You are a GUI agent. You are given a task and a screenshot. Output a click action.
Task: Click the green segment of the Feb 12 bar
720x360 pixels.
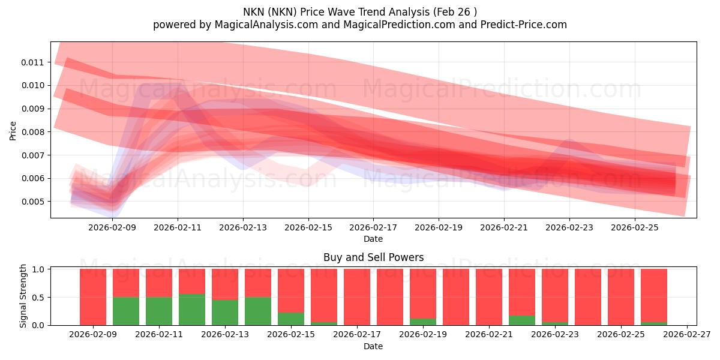pos(192,310)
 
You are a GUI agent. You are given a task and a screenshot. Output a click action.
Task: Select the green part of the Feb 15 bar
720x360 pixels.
pos(291,319)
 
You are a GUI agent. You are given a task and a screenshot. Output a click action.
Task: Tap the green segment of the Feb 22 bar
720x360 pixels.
pos(522,320)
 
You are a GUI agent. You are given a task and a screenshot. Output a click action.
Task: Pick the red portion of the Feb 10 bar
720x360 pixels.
pos(126,283)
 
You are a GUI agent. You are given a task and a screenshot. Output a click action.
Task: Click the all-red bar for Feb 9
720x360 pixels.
pos(93,297)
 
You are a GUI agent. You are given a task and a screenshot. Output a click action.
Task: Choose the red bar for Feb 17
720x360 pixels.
pos(357,297)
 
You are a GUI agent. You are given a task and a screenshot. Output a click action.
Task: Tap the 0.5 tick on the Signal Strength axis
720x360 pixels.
pos(39,298)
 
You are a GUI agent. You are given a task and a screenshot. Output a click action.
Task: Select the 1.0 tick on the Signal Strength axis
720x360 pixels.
pos(39,269)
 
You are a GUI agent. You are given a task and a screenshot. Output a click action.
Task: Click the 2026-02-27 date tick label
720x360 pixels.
pos(685,335)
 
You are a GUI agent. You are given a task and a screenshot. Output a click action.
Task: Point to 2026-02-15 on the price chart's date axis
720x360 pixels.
pos(308,228)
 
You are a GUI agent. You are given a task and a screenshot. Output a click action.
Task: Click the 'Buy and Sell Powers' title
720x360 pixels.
pos(373,257)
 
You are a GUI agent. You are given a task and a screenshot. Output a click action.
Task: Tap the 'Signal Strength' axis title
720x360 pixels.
pos(23,296)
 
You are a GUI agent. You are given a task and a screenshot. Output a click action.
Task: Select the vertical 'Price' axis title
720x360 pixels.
pos(13,130)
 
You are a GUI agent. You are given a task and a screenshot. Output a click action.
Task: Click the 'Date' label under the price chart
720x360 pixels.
pos(373,239)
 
